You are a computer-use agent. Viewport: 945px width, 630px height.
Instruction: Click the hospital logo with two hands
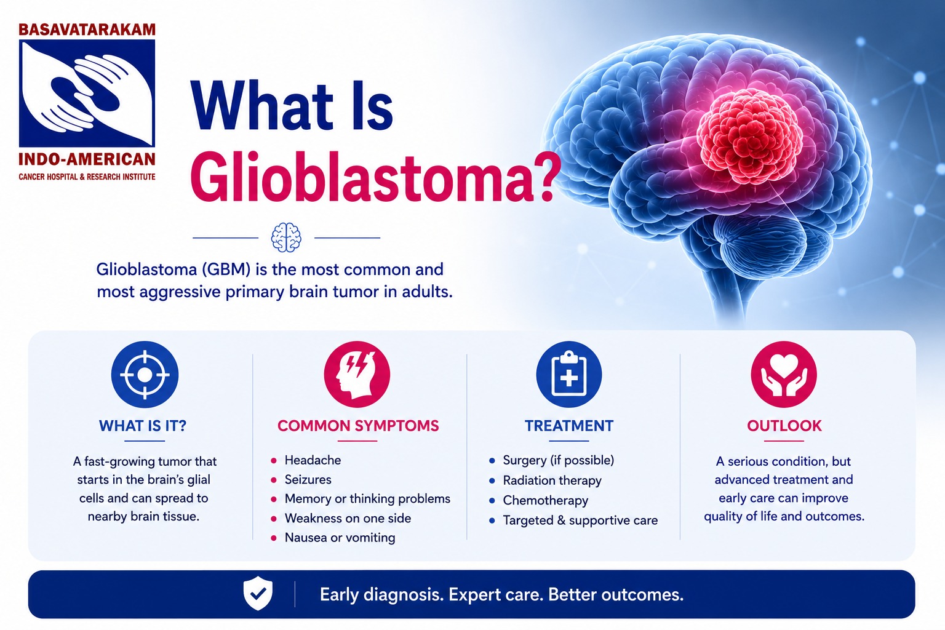pyautogui.click(x=87, y=94)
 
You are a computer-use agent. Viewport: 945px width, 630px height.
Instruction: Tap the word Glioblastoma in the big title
pyautogui.click(x=375, y=179)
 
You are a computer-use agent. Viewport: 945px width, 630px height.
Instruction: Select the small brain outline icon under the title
pyautogui.click(x=287, y=237)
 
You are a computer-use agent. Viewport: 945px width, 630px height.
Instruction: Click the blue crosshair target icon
pyautogui.click(x=145, y=374)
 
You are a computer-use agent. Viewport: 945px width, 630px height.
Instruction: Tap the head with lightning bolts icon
pyautogui.click(x=357, y=374)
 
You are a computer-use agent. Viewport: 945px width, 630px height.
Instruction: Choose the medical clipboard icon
pyautogui.click(x=569, y=374)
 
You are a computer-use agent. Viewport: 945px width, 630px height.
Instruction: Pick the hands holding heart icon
pyautogui.click(x=784, y=374)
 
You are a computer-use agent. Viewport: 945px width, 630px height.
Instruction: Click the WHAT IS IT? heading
pyautogui.click(x=143, y=426)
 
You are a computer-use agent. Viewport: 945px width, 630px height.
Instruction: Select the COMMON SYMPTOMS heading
pyautogui.click(x=358, y=426)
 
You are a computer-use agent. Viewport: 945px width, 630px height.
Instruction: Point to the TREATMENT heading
pyautogui.click(x=569, y=426)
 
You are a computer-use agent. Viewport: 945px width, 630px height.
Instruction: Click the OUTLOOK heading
pyautogui.click(x=784, y=426)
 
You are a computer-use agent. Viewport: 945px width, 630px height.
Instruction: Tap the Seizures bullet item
pyautogui.click(x=308, y=479)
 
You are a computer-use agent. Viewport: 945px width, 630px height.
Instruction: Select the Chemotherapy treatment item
pyautogui.click(x=546, y=500)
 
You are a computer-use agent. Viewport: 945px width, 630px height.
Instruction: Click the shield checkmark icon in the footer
pyautogui.click(x=258, y=593)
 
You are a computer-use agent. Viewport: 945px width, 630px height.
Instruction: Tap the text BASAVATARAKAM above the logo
pyautogui.click(x=87, y=30)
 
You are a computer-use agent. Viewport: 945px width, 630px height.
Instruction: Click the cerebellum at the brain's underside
pyautogui.click(x=759, y=245)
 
